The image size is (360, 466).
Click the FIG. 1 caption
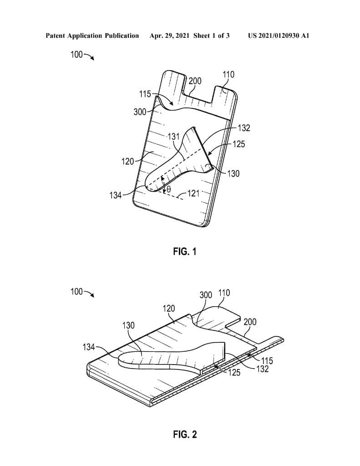click(185, 251)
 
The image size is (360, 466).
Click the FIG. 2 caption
click(185, 435)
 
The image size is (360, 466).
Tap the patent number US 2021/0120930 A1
click(279, 35)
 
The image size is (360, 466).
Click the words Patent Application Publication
click(92, 35)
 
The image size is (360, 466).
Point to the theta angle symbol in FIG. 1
click(168, 188)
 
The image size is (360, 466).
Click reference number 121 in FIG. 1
click(194, 193)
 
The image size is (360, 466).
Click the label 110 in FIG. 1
click(228, 75)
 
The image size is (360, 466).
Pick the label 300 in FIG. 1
click(140, 112)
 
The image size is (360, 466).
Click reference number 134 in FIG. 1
click(116, 195)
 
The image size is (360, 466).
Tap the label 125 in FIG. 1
click(238, 144)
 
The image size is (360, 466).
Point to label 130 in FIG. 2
click(129, 325)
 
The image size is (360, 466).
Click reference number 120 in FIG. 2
click(169, 309)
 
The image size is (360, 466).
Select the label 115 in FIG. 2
click(267, 361)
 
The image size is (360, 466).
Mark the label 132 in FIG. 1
click(244, 128)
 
